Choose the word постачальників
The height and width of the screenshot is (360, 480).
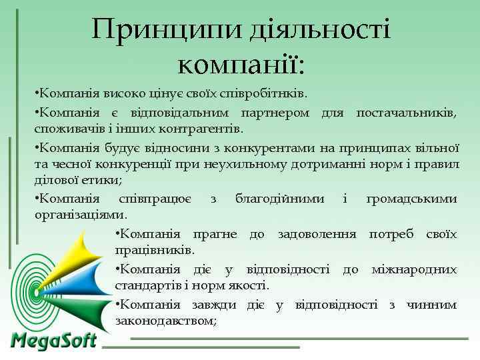pos(406,111)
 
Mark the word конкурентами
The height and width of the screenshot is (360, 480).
pos(251,146)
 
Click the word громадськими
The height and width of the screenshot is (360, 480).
pos(411,199)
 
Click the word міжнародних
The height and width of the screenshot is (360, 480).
pos(414,269)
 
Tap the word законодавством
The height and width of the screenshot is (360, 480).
pos(165,321)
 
